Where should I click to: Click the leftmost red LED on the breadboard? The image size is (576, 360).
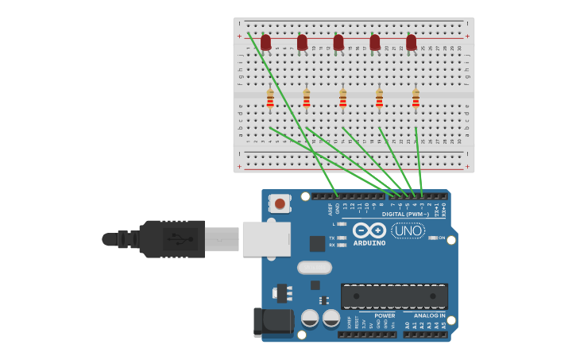[x=265, y=42]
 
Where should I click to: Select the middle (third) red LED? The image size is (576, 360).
[x=338, y=42]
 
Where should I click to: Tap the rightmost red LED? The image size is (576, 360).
[x=411, y=42]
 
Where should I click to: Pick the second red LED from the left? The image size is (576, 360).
[x=302, y=42]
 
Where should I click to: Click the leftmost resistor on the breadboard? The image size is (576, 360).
[x=270, y=99]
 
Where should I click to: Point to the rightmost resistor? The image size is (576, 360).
[x=416, y=99]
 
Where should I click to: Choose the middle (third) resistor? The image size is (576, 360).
[x=342, y=99]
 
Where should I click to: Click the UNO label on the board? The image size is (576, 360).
[x=408, y=230]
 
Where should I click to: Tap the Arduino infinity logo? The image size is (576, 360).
[x=369, y=230]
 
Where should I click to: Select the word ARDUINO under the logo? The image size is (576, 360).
[x=369, y=243]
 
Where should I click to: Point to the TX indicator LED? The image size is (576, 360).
[x=342, y=238]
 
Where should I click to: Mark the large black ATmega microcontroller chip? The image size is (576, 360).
[x=394, y=296]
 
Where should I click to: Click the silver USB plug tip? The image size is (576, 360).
[x=222, y=238]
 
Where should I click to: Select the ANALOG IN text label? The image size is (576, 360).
[x=429, y=315]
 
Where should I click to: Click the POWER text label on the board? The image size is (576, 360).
[x=385, y=315]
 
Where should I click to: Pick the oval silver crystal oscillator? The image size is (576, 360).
[x=315, y=268]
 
